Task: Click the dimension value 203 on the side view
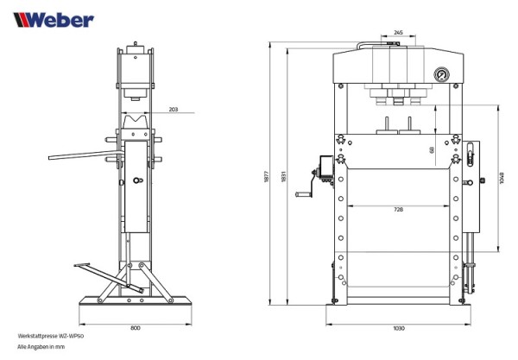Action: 174,110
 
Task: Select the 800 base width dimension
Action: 136,328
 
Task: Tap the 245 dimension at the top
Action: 397,32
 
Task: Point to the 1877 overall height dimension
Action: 268,174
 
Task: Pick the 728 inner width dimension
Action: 397,210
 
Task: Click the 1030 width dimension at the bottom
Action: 398,328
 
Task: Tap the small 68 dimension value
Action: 432,149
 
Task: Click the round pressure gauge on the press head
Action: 443,75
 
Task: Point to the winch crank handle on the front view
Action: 303,196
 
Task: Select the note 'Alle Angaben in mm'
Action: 41,345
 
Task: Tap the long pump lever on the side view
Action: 82,156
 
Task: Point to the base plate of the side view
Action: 136,302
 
